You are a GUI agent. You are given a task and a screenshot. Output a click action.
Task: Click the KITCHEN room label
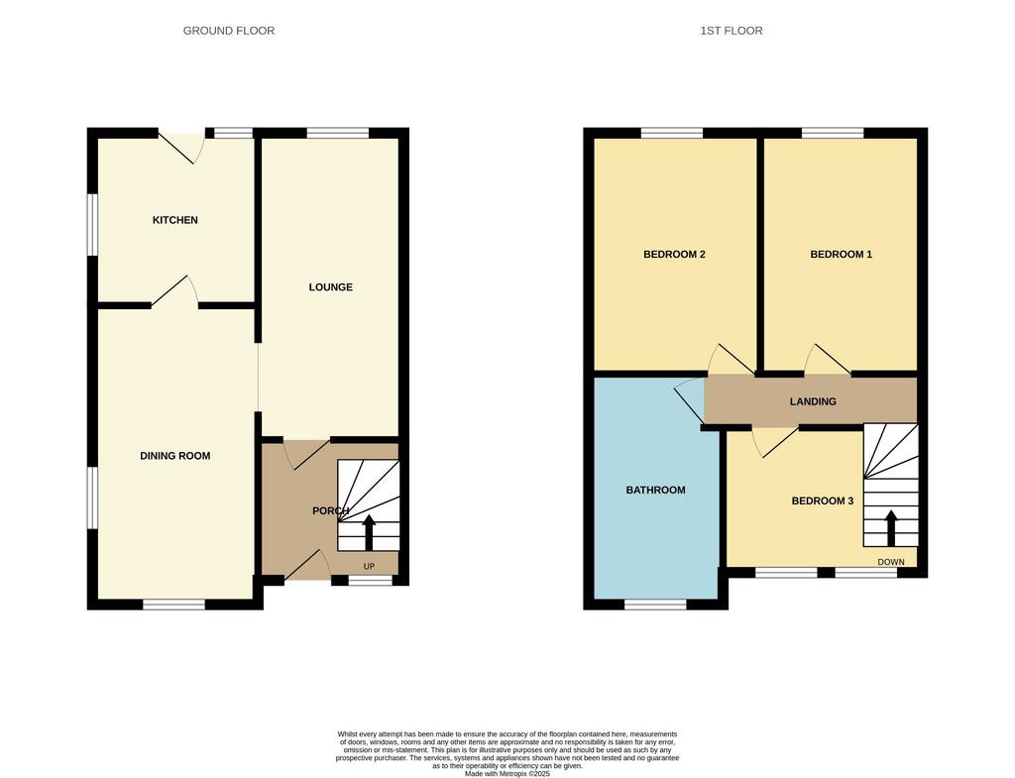[x=174, y=220]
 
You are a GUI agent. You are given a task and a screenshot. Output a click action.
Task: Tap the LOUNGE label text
[x=331, y=287]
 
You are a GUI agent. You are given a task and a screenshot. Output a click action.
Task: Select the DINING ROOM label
[x=175, y=456]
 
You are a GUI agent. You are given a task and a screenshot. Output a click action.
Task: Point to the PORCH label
[x=331, y=511]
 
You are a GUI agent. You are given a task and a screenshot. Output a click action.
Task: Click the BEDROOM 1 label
[x=841, y=255]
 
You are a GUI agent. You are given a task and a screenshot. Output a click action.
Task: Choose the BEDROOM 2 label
[x=674, y=255]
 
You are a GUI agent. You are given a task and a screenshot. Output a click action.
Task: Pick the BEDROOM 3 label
[x=822, y=500]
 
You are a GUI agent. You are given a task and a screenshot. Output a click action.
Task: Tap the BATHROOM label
[x=655, y=490]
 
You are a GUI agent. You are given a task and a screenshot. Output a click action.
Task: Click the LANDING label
[x=813, y=401]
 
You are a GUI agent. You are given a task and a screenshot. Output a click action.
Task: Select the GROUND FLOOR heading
[x=229, y=31]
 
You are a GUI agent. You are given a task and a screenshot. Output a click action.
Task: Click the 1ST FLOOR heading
[x=731, y=31]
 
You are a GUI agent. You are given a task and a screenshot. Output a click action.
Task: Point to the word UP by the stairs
[x=369, y=566]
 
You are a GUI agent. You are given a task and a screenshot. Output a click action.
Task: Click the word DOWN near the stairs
[x=891, y=562]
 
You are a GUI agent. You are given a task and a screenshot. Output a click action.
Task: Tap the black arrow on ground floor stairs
[x=369, y=532]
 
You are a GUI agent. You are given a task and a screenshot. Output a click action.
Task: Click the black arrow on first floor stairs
[x=891, y=528]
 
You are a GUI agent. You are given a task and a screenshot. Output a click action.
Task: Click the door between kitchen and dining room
[x=174, y=290]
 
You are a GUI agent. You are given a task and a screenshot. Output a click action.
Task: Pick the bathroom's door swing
[x=690, y=400]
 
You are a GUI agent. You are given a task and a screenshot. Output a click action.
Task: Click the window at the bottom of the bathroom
[x=655, y=605]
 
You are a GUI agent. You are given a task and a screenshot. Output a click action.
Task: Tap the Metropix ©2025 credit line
[x=507, y=773]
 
